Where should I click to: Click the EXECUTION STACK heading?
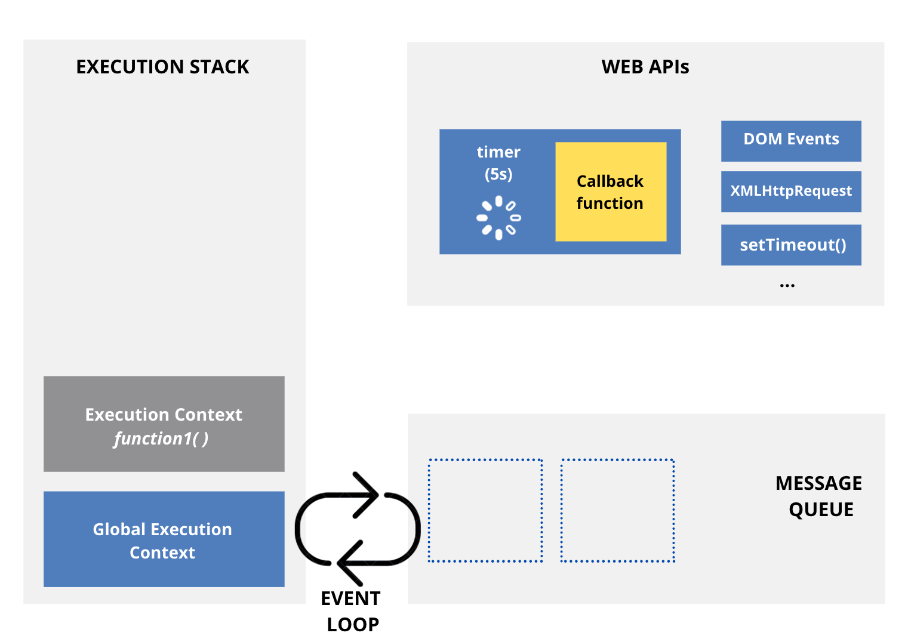coord(162,67)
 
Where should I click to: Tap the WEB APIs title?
coord(645,67)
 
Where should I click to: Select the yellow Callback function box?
coord(610,192)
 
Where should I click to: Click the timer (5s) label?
coord(498,163)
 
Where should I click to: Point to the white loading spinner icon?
coord(498,218)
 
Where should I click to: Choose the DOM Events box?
coord(790,140)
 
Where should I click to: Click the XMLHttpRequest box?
coord(790,192)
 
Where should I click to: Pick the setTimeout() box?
coord(790,245)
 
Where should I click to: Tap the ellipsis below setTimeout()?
coord(787,286)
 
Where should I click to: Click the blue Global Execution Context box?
coord(164,539)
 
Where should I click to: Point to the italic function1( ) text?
coord(161,439)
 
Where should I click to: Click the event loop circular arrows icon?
coord(358,529)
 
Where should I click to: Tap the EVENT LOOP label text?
coord(351,611)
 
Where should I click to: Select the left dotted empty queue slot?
coord(485,511)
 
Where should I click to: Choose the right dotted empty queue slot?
coord(617,511)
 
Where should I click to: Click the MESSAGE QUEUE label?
coord(818,496)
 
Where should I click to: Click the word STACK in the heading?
coord(219,67)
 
